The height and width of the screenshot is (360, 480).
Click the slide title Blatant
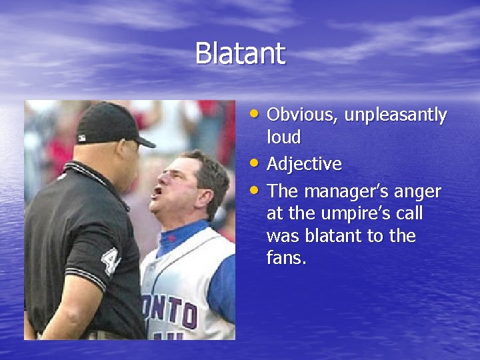point(240,53)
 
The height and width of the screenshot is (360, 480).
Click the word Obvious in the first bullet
point(303,115)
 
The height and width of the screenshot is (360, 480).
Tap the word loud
point(283,138)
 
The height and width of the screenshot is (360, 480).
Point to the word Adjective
point(304,164)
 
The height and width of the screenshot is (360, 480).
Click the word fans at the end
point(285,259)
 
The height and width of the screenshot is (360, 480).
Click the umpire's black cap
point(110,123)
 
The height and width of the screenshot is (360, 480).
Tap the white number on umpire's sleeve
point(109,261)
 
